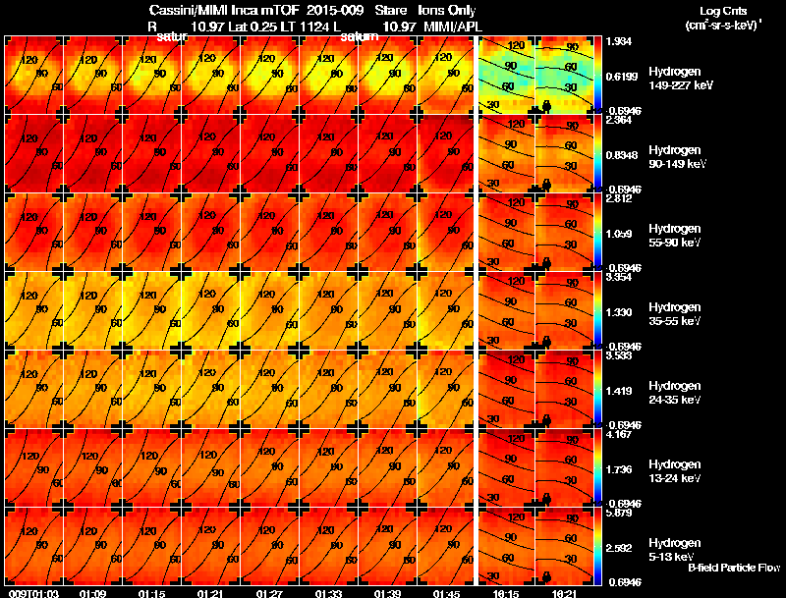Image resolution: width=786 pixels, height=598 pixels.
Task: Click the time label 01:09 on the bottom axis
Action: click(93, 593)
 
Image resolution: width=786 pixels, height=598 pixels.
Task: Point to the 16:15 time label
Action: click(507, 593)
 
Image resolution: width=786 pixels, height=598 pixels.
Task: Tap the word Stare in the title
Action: click(390, 10)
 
